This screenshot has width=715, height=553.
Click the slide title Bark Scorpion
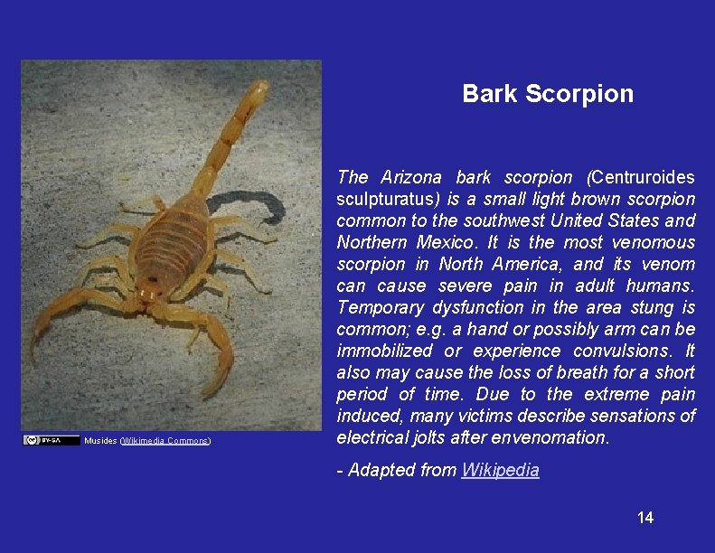coord(548,94)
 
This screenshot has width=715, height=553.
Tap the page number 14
coord(645,518)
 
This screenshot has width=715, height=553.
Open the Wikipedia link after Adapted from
coord(500,471)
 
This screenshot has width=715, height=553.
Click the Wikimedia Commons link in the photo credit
coord(165,441)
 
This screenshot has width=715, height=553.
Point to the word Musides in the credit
coord(99,441)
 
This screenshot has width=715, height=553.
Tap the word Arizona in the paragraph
coord(411,178)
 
